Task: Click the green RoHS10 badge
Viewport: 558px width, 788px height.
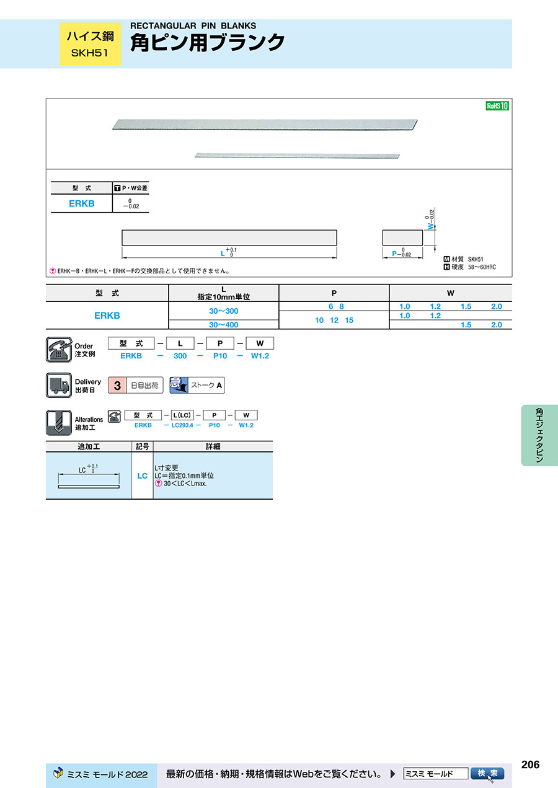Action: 497,106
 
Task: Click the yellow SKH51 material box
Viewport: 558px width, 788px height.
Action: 90,44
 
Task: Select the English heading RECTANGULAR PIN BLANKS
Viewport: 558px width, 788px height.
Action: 193,25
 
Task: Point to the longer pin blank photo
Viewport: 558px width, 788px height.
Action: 265,125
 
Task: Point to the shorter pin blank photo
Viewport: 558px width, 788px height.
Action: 297,156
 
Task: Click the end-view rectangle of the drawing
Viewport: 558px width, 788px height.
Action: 402,238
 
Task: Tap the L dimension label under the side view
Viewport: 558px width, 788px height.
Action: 223,254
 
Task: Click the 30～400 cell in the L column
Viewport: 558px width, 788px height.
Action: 224,325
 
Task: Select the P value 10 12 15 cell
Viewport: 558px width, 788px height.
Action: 334,320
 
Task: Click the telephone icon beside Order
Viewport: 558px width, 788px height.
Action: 59,350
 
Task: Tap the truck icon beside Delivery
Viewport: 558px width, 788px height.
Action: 59,385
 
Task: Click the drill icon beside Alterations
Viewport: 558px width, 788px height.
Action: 59,422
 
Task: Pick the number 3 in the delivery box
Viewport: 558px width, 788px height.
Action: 117,386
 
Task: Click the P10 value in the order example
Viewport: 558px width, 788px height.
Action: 220,356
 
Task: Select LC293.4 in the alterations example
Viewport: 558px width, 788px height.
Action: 182,425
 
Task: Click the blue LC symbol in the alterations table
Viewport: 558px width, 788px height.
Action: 142,476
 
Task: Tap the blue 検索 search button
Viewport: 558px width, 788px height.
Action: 487,774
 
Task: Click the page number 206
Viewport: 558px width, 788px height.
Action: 530,764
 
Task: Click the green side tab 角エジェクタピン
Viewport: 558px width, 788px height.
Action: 539,435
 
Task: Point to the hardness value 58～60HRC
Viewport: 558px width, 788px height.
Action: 482,267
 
